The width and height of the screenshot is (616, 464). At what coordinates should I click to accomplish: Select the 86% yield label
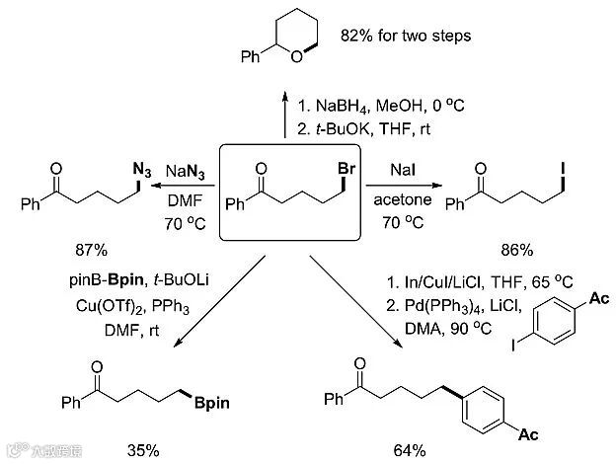(510, 240)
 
